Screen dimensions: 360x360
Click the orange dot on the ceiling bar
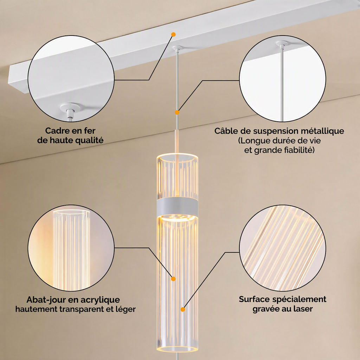click(173, 34)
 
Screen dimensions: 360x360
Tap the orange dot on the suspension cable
click(177, 112)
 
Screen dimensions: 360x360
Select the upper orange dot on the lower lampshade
click(173, 279)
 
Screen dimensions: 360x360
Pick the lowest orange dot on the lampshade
click(183, 309)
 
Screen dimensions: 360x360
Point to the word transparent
click(82, 309)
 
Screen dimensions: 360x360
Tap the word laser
click(303, 309)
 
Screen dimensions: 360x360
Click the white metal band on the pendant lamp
click(177, 206)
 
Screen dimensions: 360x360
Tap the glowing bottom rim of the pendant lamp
click(177, 349)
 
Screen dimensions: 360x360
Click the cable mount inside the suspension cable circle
click(282, 43)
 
